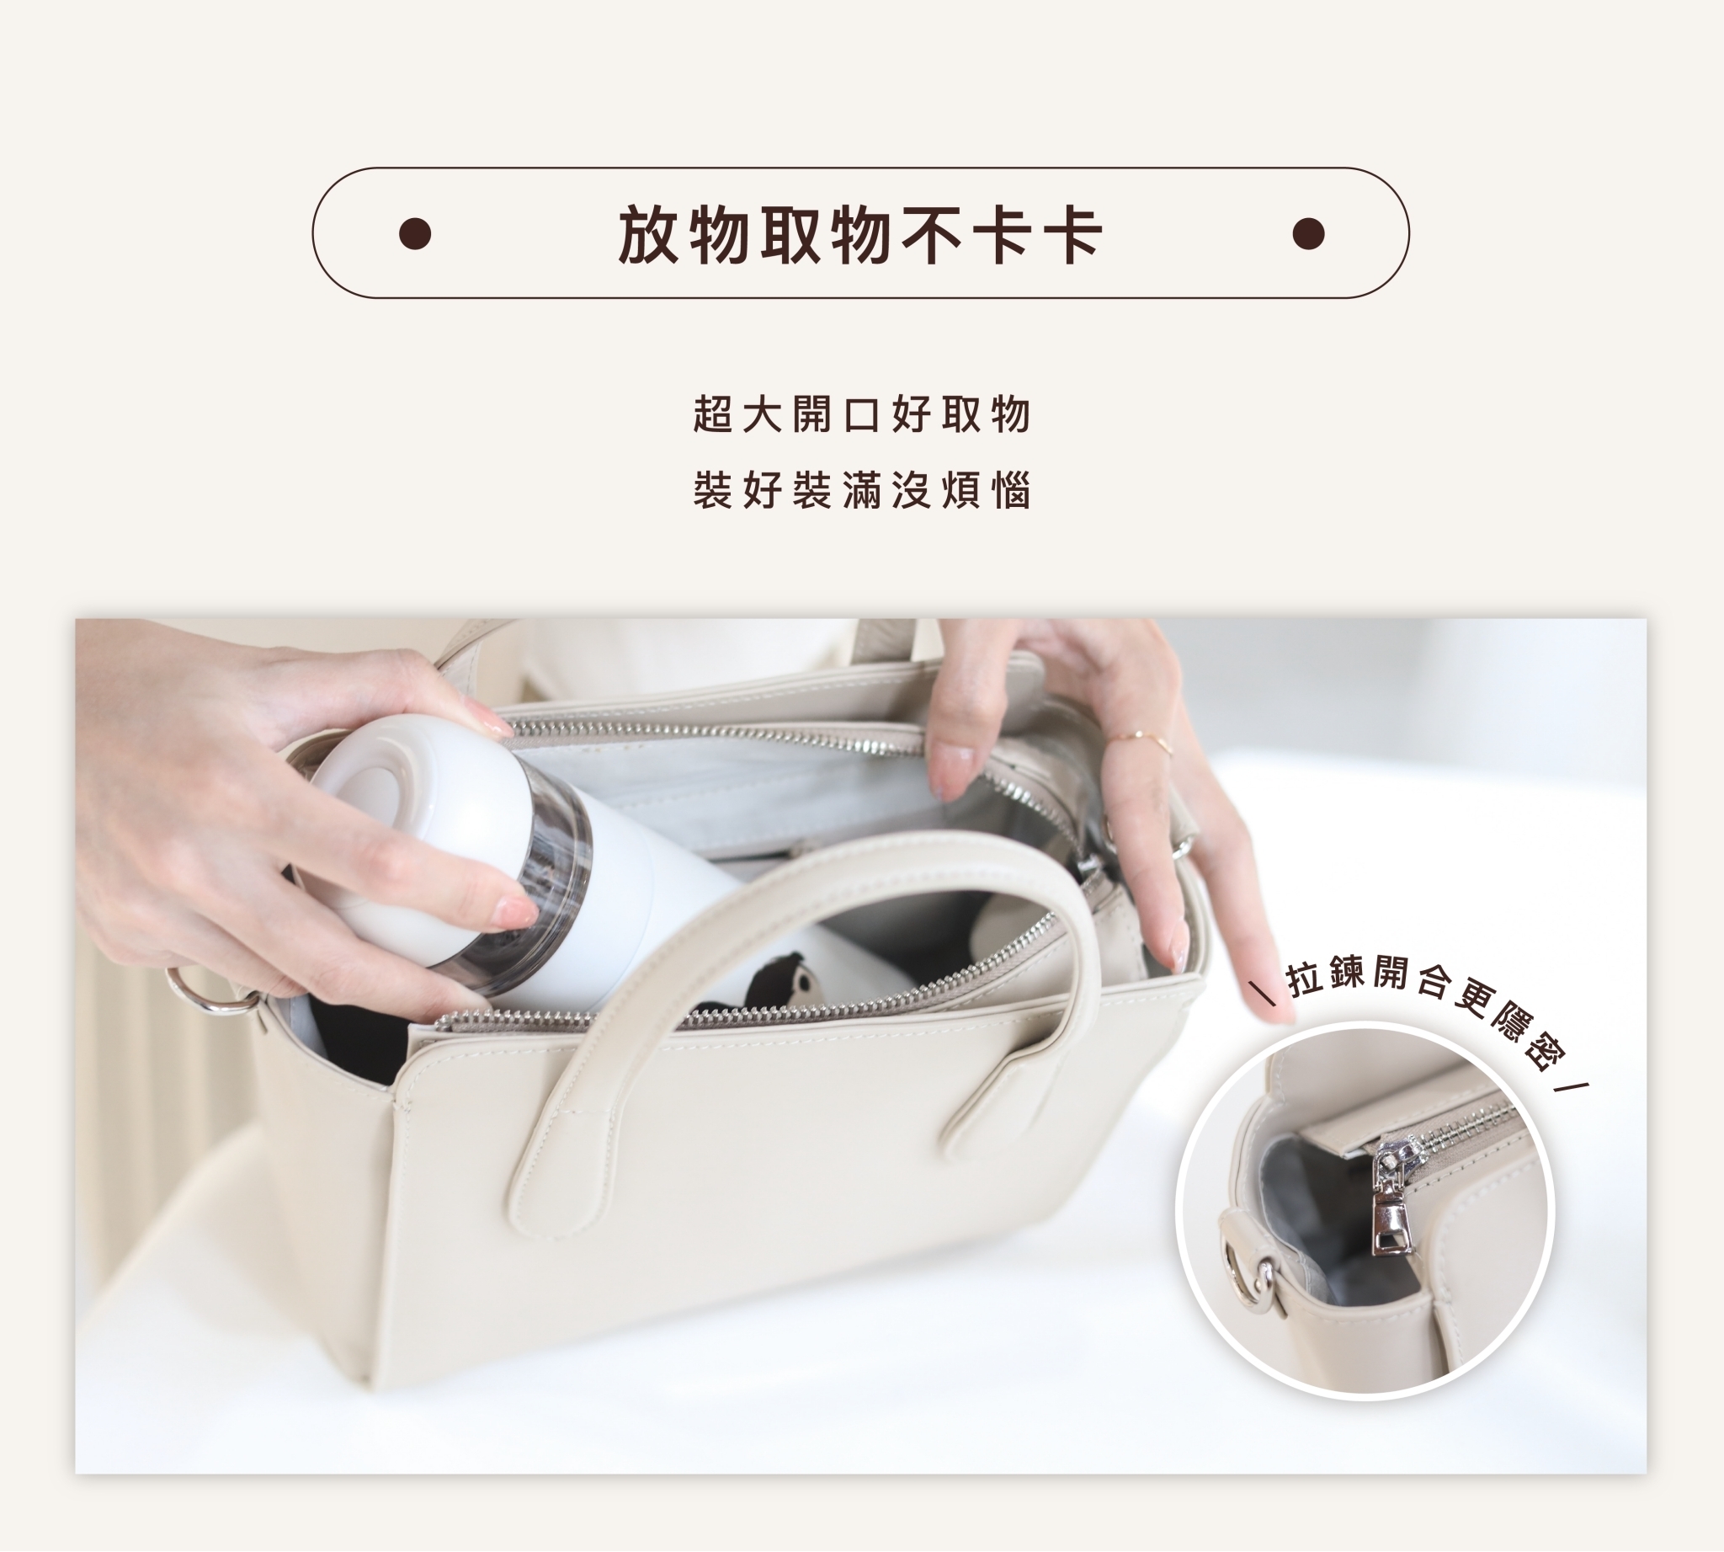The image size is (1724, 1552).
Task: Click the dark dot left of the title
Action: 414,233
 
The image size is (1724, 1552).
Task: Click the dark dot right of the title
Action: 1308,233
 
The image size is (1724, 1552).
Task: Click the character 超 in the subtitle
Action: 713,415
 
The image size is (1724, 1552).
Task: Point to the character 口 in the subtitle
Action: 861,415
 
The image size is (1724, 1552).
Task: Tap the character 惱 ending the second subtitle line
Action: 1011,490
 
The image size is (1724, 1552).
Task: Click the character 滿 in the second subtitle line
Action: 861,490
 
